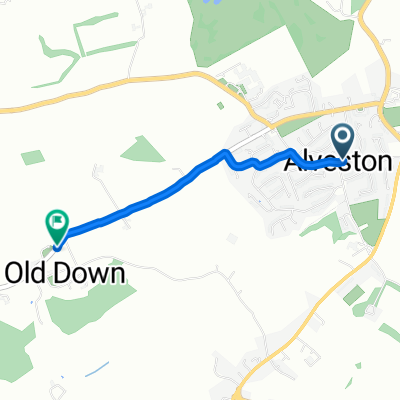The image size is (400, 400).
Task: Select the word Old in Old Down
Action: coord(27,272)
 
